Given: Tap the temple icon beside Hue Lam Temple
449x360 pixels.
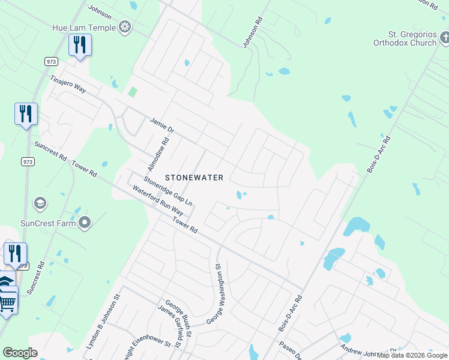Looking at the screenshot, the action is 125,26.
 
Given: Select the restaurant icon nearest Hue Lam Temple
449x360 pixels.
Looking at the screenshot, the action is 80,45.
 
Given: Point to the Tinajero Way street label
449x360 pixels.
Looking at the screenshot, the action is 68,85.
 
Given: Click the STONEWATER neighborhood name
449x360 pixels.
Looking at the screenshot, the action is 194,178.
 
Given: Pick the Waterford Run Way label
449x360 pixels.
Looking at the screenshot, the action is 158,202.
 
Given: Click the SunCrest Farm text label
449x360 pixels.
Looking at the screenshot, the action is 47,223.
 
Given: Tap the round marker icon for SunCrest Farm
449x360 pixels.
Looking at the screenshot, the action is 85,223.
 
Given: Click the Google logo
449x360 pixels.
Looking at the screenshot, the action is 20,353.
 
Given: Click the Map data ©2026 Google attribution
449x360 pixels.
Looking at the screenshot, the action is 412,355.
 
